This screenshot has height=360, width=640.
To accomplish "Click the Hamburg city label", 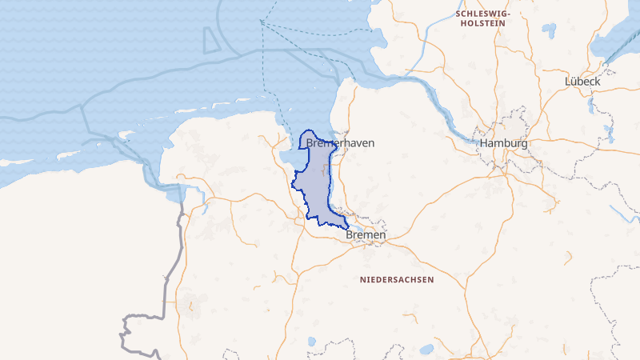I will pyautogui.click(x=504, y=144).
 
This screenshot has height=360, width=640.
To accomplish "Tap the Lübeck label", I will pyautogui.click(x=582, y=81).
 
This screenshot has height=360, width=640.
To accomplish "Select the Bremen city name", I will pyautogui.click(x=366, y=236).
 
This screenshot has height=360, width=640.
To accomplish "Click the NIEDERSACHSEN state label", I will pyautogui.click(x=397, y=280).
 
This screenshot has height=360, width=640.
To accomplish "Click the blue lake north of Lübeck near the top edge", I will pyautogui.click(x=550, y=30).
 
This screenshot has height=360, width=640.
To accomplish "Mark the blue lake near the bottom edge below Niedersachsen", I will pyautogui.click(x=426, y=349).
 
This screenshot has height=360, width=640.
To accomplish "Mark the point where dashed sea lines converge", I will pyautogui.click(x=261, y=22).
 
